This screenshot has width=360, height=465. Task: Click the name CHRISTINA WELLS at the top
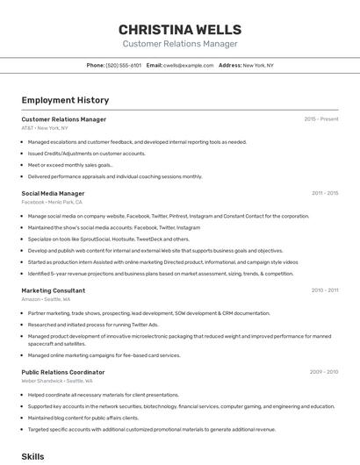pyautogui.click(x=179, y=30)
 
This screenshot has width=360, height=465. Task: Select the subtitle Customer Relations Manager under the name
pyautogui.click(x=179, y=44)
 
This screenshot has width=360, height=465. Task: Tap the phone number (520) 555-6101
pyautogui.click(x=123, y=65)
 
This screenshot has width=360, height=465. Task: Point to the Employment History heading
pyautogui.click(x=65, y=100)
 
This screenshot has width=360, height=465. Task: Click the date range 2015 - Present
pyautogui.click(x=321, y=119)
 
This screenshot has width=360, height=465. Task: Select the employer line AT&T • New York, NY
pyautogui.click(x=44, y=128)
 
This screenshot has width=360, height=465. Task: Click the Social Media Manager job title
pyautogui.click(x=53, y=193)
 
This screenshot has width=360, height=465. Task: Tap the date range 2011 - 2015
pyautogui.click(x=325, y=193)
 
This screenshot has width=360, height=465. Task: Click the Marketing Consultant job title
pyautogui.click(x=53, y=290)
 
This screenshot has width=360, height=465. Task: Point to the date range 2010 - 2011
pyautogui.click(x=325, y=290)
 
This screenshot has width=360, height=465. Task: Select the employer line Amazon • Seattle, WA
pyautogui.click(x=46, y=298)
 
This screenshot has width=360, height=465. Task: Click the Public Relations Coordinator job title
pyautogui.click(x=62, y=372)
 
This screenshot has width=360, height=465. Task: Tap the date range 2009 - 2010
pyautogui.click(x=324, y=372)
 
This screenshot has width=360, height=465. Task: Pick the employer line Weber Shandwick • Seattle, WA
pyautogui.click(x=56, y=381)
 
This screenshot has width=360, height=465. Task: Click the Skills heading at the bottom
pyautogui.click(x=32, y=456)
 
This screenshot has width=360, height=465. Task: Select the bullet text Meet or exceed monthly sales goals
pyautogui.click(x=70, y=165)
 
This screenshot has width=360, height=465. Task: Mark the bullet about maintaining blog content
pyautogui.click(x=83, y=418)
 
